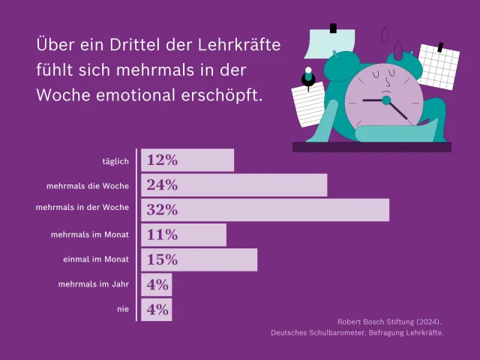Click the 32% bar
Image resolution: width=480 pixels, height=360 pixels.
(265, 210)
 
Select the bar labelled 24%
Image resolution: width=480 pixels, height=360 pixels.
(234, 185)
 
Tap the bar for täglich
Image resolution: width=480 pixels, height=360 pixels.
(187, 160)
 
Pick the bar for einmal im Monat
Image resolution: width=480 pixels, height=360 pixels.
(199, 260)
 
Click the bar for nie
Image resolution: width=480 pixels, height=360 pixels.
(157, 310)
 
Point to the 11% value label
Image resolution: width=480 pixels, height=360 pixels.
(162, 235)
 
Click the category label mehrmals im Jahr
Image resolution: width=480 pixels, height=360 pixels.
(93, 284)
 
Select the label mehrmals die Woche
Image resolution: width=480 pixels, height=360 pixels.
(88, 186)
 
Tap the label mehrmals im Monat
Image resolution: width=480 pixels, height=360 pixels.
(90, 235)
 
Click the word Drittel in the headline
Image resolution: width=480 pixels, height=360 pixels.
(135, 45)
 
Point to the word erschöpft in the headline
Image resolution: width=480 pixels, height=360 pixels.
(222, 95)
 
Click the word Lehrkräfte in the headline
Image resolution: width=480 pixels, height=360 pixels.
(239, 45)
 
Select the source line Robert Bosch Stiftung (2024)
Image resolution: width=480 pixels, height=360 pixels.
(389, 322)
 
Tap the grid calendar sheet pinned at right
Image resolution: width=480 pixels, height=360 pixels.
(439, 67)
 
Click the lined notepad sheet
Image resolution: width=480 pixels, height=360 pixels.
(308, 104)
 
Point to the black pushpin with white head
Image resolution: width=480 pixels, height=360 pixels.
(308, 78)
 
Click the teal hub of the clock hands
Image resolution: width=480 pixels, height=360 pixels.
(386, 100)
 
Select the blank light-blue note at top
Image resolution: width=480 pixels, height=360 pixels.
(330, 43)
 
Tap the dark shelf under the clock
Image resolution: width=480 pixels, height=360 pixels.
(372, 147)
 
